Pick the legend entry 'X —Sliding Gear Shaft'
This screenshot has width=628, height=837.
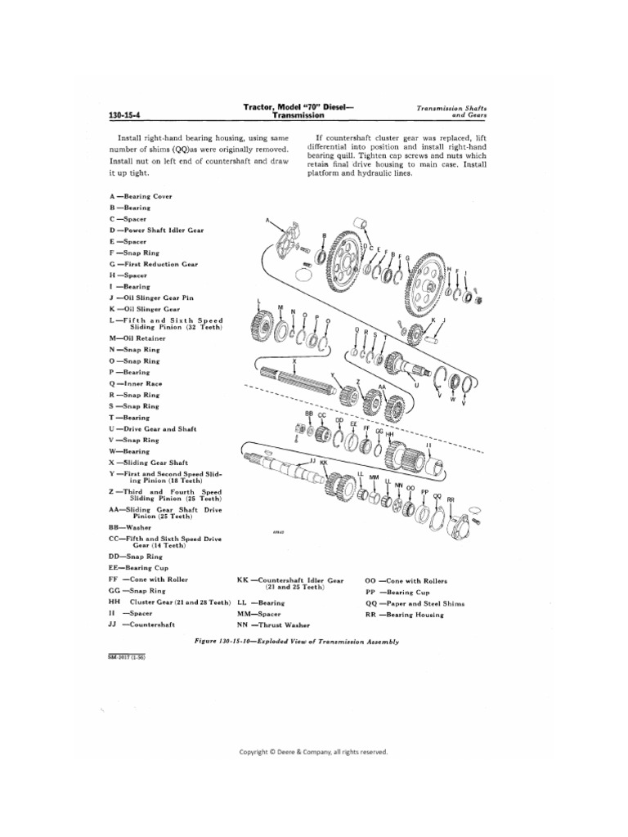point(152,462)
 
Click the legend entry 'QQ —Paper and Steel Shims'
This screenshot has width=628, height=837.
point(415,603)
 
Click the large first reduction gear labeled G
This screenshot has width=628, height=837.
point(423,280)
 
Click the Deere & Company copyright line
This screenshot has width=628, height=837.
point(313,751)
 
